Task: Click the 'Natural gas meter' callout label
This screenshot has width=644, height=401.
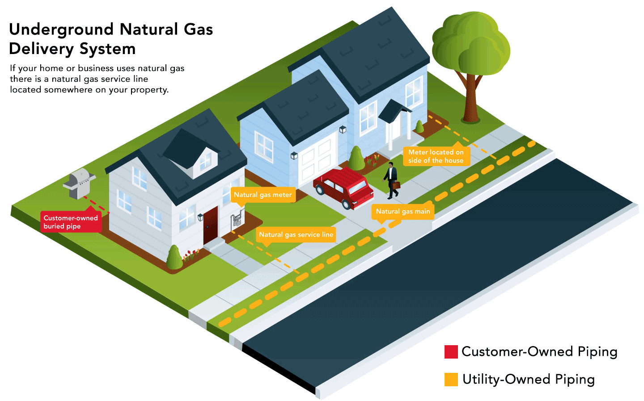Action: pos(263,195)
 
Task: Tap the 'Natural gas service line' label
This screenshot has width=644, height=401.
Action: pos(296,234)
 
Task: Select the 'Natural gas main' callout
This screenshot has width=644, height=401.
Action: pos(402,211)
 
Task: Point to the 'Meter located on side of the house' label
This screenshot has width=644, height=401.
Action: pos(436,156)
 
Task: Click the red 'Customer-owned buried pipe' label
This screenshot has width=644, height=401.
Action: pos(71,222)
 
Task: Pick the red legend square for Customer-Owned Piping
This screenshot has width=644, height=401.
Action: pos(451,352)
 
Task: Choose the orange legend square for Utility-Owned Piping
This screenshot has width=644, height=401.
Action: pos(451,380)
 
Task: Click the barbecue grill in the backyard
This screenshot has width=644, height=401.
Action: pos(79,182)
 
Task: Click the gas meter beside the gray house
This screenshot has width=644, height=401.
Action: pos(236,220)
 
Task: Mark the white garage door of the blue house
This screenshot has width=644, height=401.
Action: pos(317,160)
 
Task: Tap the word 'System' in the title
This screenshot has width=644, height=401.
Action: pos(110,49)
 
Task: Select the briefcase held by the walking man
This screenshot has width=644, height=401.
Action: pos(396,184)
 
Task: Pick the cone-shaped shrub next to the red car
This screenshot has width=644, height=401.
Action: pos(356,159)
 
